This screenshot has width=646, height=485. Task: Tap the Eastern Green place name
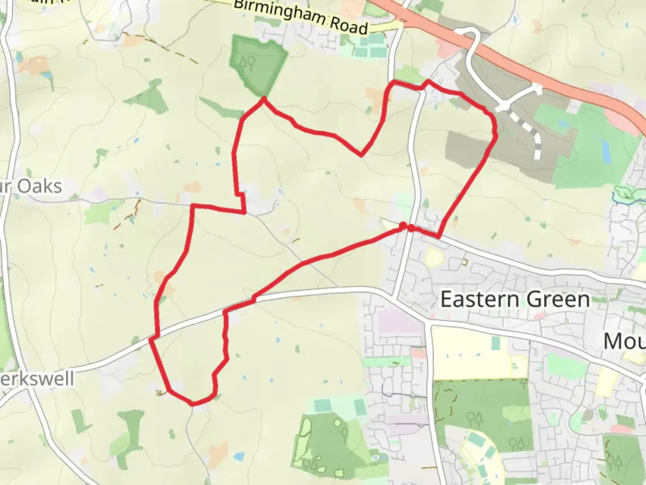click(515, 299)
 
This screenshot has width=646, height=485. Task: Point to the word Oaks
click(39, 186)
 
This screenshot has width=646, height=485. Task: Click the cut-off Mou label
click(624, 341)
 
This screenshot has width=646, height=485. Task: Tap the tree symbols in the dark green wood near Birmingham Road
click(248, 62)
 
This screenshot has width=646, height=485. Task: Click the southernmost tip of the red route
click(193, 404)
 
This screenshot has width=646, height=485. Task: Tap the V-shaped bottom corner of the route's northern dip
click(361, 155)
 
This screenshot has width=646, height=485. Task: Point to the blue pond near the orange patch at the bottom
click(239, 457)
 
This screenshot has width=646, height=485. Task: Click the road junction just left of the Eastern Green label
click(393, 297)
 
